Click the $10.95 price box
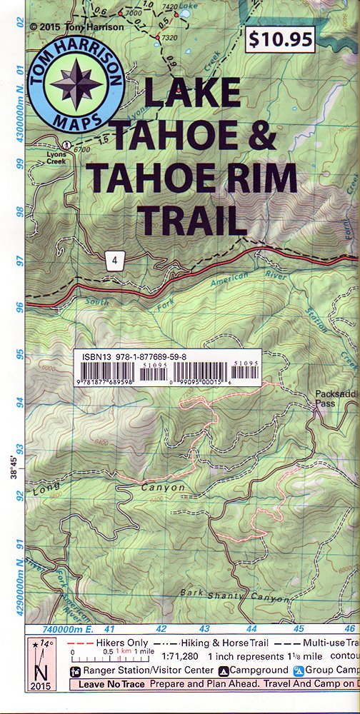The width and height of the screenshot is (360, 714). point(279,39)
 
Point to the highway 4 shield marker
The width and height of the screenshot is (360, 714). point(114,260)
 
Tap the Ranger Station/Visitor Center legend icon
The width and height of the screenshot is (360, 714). point(74,670)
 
